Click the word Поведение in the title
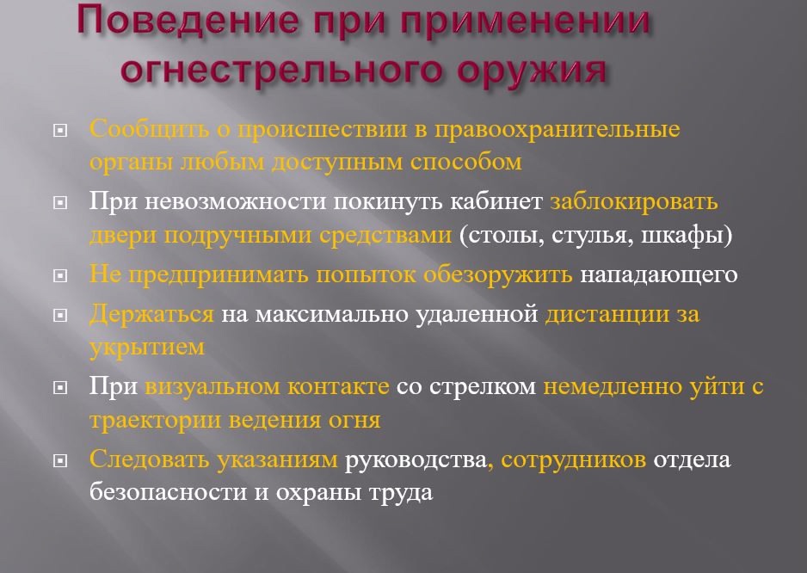188,22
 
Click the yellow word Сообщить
149,129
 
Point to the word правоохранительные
558,129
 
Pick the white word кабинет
496,201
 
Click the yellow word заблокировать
633,201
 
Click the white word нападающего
659,275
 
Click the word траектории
156,421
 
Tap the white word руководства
416,459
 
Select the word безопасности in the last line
169,492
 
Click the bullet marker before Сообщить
60,131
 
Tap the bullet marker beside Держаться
60,315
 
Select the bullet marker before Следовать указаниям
60,460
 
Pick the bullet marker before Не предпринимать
60,276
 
